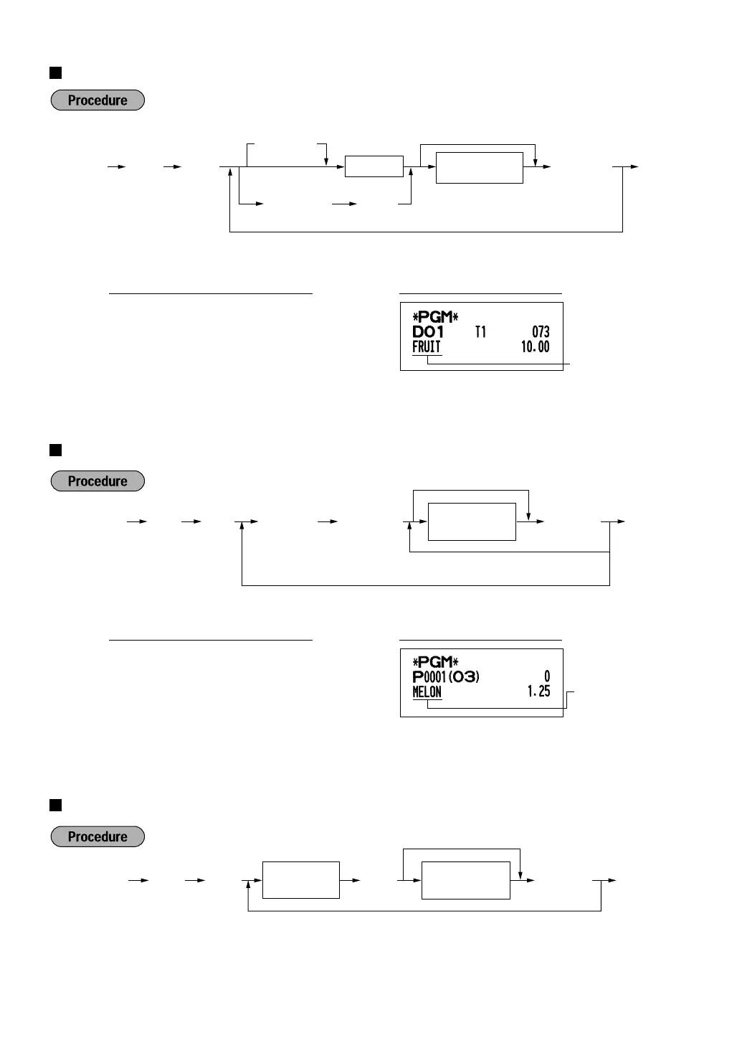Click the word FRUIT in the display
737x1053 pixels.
427,347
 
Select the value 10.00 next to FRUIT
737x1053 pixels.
535,347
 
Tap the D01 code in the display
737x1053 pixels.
428,332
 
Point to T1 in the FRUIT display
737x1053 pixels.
480,332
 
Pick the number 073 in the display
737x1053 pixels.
541,332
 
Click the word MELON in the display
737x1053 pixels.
427,692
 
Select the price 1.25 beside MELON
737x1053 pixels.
538,691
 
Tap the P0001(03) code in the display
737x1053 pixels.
446,677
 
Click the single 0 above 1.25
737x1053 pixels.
547,676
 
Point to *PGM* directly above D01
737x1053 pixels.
435,317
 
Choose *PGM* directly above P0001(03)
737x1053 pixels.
435,662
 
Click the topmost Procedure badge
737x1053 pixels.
98,100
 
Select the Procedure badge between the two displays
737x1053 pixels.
98,481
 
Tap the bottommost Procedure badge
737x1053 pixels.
98,837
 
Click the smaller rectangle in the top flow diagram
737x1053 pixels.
374,166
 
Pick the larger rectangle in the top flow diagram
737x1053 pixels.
479,168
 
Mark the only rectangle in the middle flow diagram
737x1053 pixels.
472,521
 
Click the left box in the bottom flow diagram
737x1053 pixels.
300,880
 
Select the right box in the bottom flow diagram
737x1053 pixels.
465,881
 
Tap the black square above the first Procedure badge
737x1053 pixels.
55,72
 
